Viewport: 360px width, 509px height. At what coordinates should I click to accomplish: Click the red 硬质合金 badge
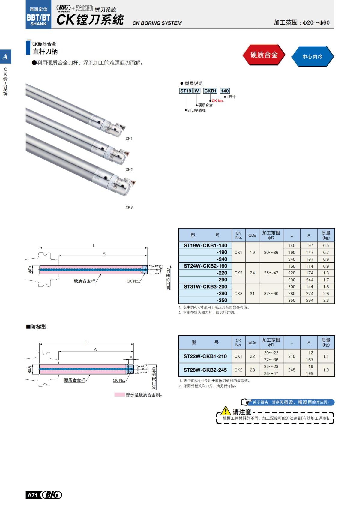[x=264, y=55]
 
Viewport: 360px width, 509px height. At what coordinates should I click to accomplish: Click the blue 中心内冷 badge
[x=312, y=56]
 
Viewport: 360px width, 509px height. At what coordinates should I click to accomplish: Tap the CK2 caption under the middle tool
[x=129, y=169]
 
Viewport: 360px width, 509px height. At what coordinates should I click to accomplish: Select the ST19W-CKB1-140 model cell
[x=205, y=245]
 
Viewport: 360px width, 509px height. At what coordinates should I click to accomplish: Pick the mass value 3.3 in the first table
[x=326, y=300]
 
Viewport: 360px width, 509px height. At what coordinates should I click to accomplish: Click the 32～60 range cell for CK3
[x=271, y=293]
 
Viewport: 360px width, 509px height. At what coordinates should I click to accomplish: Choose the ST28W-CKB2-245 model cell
[x=205, y=370]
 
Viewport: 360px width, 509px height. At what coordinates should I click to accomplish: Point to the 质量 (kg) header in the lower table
[x=326, y=342]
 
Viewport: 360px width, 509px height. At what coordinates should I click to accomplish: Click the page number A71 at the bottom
[x=32, y=495]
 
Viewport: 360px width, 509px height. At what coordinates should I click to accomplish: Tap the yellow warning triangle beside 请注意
[x=226, y=411]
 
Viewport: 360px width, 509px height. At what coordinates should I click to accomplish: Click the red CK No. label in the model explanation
[x=218, y=101]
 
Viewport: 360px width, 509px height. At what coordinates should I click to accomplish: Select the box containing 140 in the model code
[x=225, y=91]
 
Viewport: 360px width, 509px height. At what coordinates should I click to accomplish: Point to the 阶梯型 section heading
[x=36, y=327]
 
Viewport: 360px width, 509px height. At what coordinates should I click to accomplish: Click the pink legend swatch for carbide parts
[x=119, y=395]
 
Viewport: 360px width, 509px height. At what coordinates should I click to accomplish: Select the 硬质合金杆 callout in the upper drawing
[x=85, y=281]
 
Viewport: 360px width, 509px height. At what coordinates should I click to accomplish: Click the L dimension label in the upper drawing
[x=94, y=246]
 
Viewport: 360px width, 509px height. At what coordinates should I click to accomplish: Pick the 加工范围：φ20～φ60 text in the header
[x=301, y=22]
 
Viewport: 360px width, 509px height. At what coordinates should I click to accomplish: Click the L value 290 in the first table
[x=292, y=280]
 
